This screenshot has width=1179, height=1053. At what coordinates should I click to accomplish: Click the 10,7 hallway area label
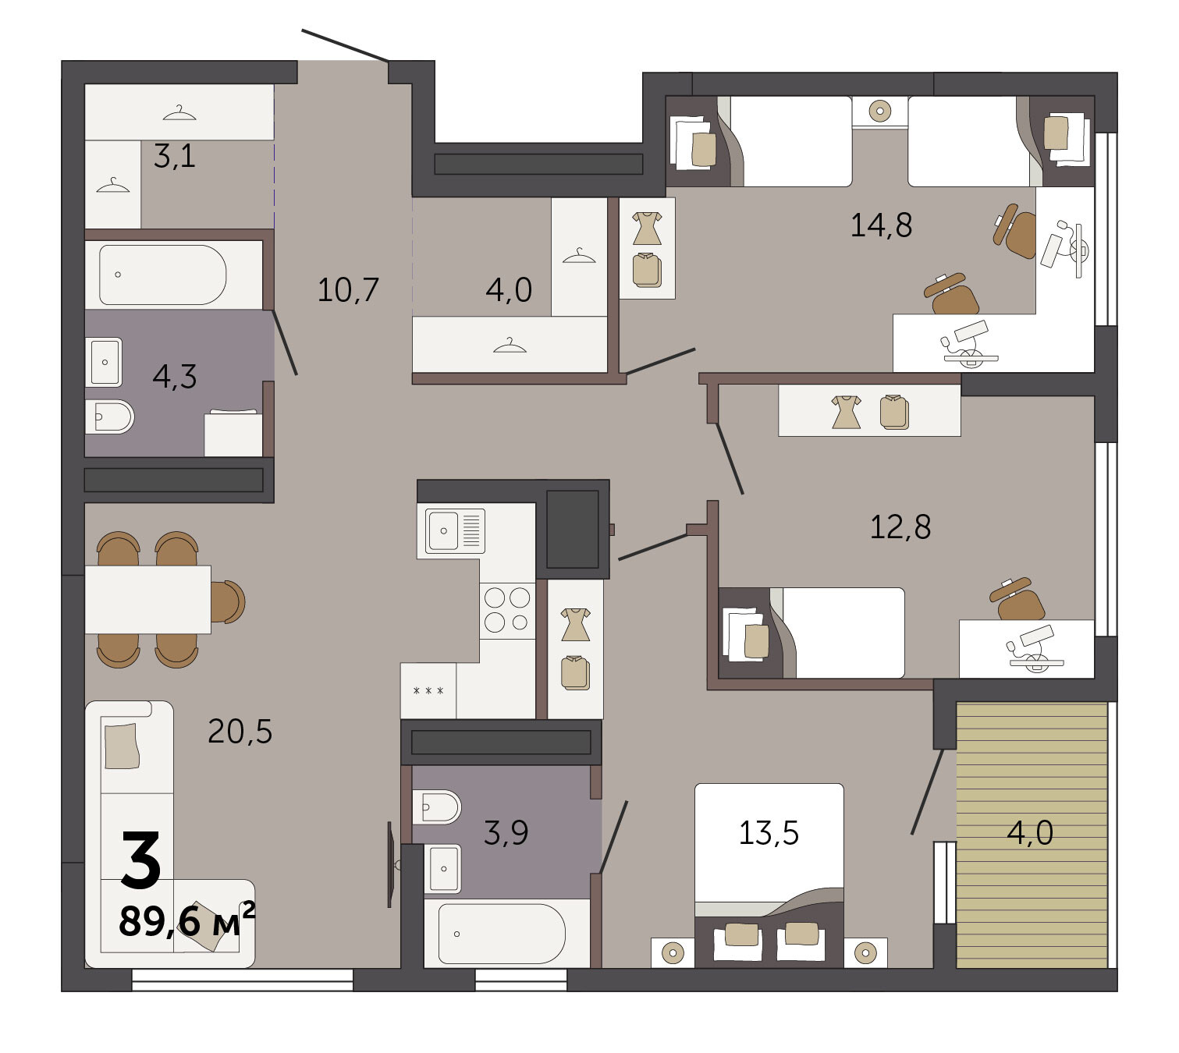click(348, 289)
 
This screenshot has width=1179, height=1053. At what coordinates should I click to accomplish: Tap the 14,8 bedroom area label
click(881, 225)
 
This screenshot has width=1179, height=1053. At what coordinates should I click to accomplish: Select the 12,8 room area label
click(900, 527)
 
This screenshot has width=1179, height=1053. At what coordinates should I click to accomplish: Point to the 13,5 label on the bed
click(769, 832)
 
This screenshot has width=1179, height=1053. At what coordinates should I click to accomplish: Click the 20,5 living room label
click(240, 732)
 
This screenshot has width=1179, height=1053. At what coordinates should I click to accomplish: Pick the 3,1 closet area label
click(174, 156)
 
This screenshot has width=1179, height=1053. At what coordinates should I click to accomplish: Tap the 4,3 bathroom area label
click(175, 377)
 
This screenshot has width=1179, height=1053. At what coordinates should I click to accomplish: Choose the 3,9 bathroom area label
click(506, 832)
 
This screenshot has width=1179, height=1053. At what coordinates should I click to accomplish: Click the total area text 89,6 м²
click(186, 921)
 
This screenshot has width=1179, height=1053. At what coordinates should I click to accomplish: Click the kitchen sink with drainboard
click(455, 530)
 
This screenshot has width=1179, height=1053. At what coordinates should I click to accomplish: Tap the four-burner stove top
click(507, 610)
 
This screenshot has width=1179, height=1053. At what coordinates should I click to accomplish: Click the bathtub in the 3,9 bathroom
click(501, 934)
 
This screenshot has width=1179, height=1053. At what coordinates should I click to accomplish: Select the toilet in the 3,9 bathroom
click(436, 807)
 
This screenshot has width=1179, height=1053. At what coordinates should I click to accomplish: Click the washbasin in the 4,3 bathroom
click(104, 362)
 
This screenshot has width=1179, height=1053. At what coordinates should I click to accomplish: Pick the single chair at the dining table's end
click(228, 601)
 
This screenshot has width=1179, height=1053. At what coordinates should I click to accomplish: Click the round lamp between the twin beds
click(880, 111)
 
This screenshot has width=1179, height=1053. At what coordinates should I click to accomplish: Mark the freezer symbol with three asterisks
click(428, 690)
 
